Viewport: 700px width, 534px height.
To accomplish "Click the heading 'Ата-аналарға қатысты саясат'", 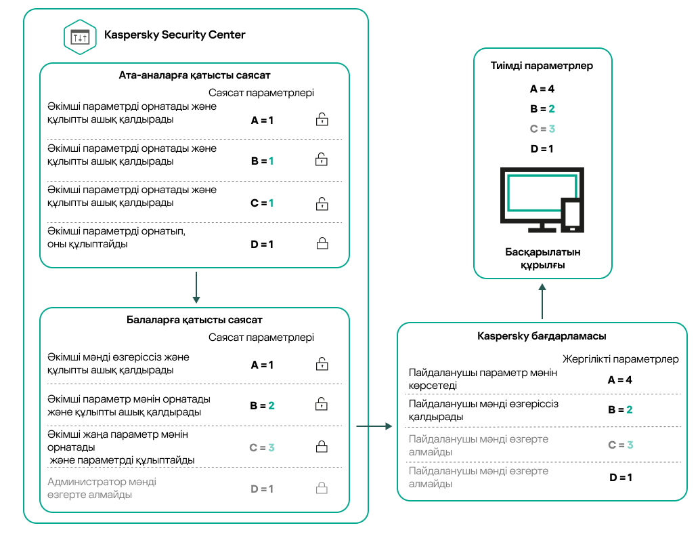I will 194,75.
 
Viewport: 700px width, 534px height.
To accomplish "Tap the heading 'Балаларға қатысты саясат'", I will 194,320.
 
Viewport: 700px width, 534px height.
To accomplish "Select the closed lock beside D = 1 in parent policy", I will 322,243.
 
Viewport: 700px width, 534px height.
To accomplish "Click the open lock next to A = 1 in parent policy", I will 322,121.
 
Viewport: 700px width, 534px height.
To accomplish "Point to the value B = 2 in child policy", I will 262,406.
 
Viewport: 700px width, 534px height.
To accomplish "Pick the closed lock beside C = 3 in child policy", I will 322,447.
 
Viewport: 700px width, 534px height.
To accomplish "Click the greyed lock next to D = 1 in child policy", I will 322,488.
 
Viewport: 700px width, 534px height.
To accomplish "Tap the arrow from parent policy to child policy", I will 195,287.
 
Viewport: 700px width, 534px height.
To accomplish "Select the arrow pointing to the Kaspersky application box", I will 374,426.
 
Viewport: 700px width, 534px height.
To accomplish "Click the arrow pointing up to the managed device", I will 542,301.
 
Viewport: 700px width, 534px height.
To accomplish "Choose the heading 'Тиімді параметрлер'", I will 542,66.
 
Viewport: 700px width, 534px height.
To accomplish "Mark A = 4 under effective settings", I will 542,89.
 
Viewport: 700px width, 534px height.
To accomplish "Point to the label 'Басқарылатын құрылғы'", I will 542,259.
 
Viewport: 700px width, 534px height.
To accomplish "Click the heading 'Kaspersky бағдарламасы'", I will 542,336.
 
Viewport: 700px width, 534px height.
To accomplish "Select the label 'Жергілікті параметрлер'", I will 621,359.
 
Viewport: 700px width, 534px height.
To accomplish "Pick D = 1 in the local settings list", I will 620,477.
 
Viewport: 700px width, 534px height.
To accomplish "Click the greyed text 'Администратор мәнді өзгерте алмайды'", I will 102,488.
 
